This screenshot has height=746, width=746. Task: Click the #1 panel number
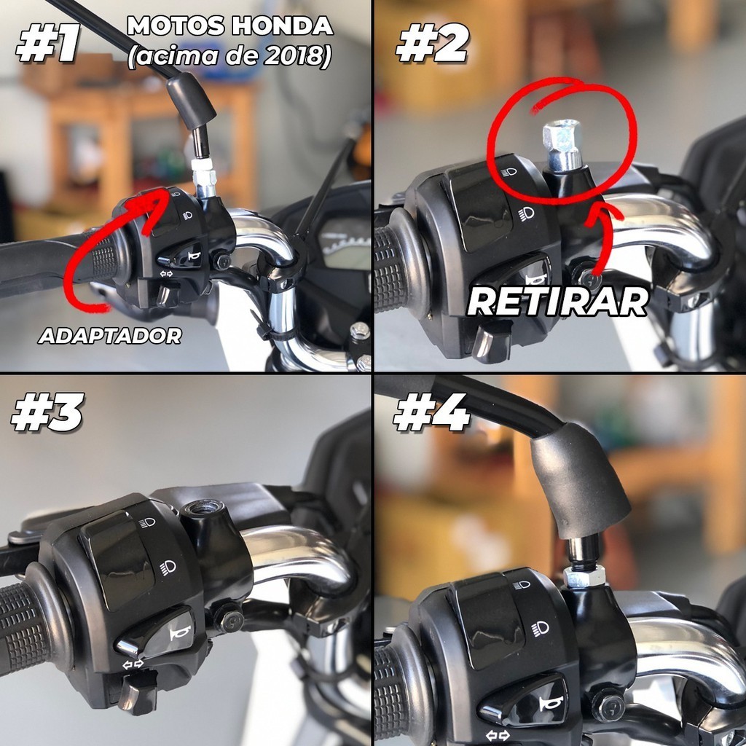tap(48, 43)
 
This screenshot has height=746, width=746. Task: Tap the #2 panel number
tap(433, 43)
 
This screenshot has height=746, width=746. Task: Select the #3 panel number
tap(47, 412)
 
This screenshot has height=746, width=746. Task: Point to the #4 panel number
tap(431, 412)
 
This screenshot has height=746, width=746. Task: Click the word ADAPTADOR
tap(110, 336)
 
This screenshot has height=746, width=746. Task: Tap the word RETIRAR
tap(557, 301)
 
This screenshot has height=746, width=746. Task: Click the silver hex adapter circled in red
tap(562, 145)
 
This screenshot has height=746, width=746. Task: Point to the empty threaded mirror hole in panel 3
tap(198, 509)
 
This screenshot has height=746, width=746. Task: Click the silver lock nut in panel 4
tap(584, 577)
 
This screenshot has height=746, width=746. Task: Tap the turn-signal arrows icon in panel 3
tap(133, 664)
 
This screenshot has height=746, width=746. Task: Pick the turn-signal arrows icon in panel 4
tap(497, 736)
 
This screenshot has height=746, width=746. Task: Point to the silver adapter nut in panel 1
tap(204, 177)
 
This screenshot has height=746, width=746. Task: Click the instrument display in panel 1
tap(344, 243)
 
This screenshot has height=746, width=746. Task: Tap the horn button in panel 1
tap(186, 257)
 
